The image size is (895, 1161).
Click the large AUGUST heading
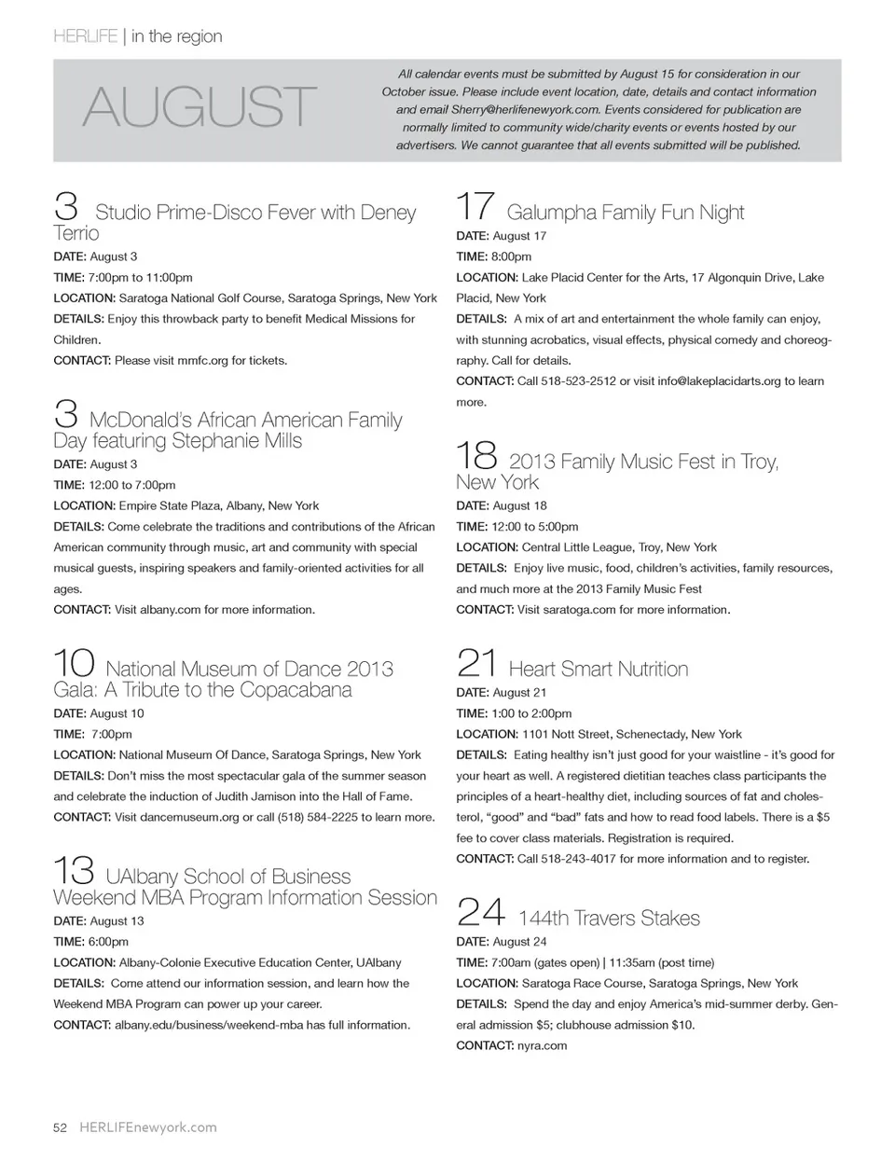[200, 107]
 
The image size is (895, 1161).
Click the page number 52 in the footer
[60, 1127]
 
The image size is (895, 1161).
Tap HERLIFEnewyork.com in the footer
[148, 1127]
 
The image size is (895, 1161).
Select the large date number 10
[74, 663]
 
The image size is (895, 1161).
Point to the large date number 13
[74, 871]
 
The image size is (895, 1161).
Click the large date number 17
[475, 206]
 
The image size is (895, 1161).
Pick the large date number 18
[476, 455]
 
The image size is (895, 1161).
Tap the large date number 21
[476, 663]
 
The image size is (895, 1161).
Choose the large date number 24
[481, 912]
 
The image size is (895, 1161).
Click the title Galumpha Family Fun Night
[625, 213]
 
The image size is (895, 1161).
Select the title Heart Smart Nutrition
[599, 669]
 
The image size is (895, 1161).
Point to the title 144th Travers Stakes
[609, 919]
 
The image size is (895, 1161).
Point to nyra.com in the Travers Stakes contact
[542, 1046]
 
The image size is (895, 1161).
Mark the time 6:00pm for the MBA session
[109, 942]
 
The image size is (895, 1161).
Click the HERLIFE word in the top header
[86, 36]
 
